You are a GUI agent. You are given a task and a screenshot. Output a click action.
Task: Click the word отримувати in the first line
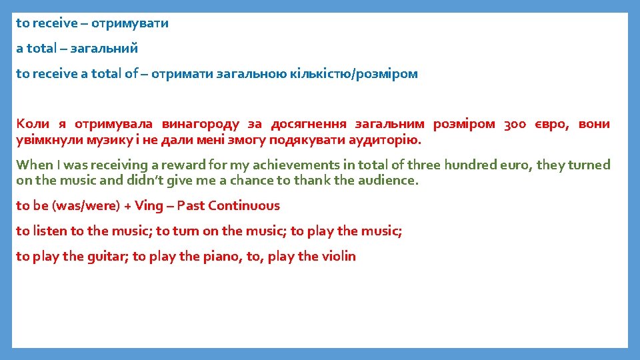[130, 23]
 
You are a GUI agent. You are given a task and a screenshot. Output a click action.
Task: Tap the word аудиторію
[386, 141]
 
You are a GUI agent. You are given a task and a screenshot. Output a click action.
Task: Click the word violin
[339, 257]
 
